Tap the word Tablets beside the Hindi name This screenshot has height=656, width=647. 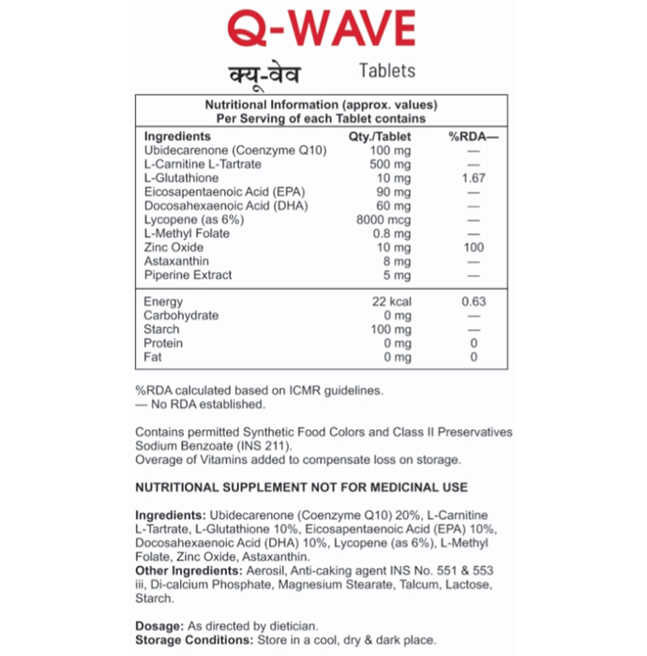(x=386, y=71)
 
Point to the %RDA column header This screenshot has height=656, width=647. (x=474, y=137)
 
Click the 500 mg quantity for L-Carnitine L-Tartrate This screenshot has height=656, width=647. (x=390, y=164)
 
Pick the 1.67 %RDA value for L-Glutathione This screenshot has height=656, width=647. (x=474, y=178)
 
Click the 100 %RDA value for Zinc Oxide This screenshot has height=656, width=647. (x=474, y=247)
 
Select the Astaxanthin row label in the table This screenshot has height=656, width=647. (x=176, y=261)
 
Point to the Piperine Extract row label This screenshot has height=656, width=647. (x=188, y=276)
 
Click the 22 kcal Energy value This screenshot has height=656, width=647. (x=391, y=302)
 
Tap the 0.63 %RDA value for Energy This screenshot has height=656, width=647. (x=474, y=302)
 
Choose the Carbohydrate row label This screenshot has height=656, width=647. (x=181, y=316)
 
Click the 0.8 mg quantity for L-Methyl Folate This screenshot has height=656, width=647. (x=393, y=233)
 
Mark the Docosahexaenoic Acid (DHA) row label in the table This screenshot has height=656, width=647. (x=213, y=206)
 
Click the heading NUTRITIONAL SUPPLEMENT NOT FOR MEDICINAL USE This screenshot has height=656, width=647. (x=301, y=487)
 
